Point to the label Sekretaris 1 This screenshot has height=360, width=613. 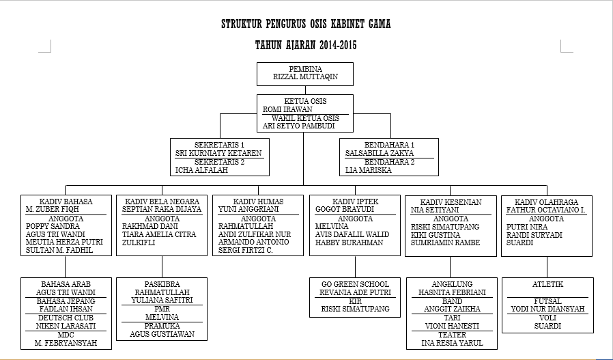pos(219,145)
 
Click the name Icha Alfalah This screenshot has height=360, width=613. pos(197,170)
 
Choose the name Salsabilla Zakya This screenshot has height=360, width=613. pos(379,154)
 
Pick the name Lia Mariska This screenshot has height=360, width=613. pos(369,170)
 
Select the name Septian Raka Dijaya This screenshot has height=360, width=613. pos(162,210)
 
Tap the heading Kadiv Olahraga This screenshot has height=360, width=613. pos(547,202)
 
